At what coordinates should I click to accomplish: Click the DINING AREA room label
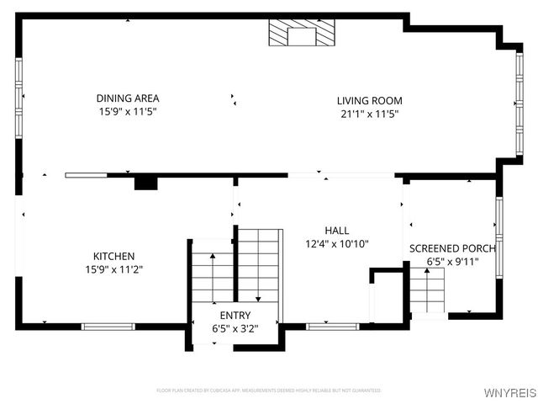coord(127,98)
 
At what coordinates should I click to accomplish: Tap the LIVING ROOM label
coord(367,100)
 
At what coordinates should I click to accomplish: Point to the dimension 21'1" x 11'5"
coord(367,114)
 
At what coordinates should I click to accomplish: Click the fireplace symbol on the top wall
coord(300,34)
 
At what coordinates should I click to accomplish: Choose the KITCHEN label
coord(113,256)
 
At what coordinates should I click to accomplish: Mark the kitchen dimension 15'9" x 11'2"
coord(113,270)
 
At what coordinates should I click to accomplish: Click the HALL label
coord(337,230)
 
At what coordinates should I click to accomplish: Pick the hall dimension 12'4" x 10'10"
coord(337,244)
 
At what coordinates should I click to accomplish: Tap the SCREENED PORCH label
coord(452,248)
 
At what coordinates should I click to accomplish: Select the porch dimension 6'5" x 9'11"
coord(452,262)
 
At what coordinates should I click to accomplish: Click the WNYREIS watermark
coord(513,392)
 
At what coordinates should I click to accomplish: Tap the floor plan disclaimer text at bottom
coord(268,391)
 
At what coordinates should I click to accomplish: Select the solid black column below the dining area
coord(145,183)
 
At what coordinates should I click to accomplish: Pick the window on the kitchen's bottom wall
coord(108,326)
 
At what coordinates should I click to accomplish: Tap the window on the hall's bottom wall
coord(320,326)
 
